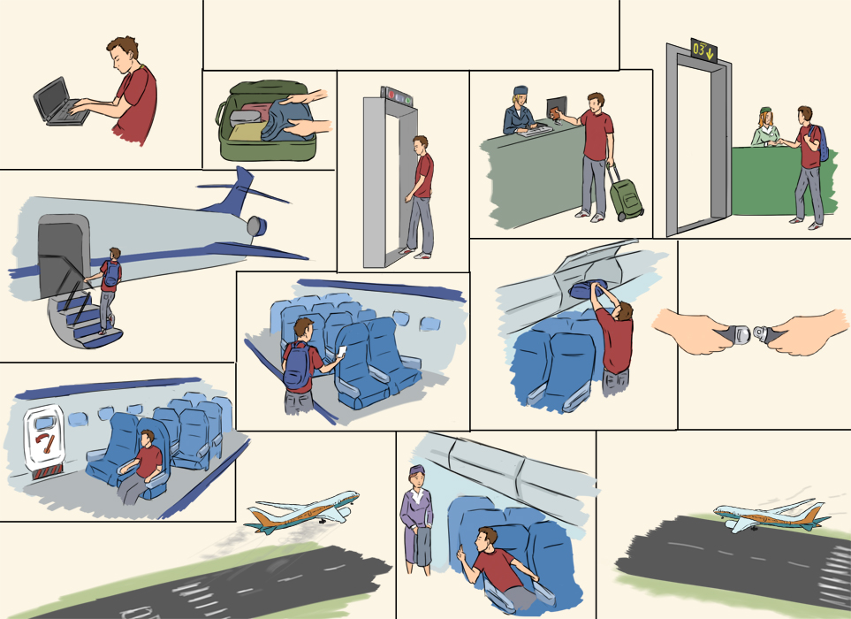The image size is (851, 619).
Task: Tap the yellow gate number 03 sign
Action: point(703,50)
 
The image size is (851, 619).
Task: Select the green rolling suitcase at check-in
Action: point(626,194)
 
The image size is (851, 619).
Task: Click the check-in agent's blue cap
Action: point(520,89)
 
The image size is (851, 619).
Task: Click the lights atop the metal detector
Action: point(399,96)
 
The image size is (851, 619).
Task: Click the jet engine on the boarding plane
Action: point(256,225)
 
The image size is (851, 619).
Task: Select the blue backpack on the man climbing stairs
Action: point(111,273)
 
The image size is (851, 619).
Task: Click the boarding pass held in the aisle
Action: point(341,352)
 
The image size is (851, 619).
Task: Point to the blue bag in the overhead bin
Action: point(588,289)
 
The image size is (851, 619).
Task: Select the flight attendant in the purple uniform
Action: point(415,520)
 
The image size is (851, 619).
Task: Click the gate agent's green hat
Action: point(765,111)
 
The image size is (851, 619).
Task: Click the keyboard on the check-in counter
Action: point(534,130)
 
